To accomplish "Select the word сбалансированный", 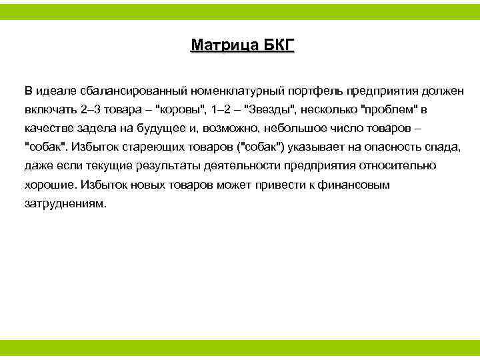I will point(127,89).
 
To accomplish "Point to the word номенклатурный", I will point(230,89).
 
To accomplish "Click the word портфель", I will point(311,89).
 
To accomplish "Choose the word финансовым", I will point(357,185).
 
